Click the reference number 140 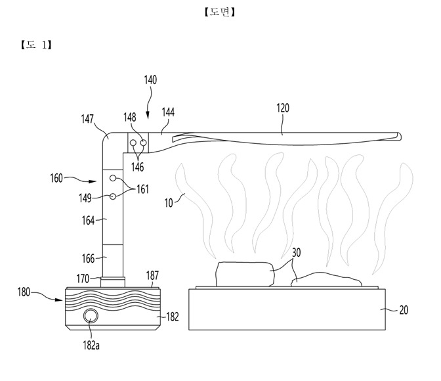150,80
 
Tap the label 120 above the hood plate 283,108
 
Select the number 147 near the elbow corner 87,119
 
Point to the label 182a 91,346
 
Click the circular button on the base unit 91,316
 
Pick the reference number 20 404,310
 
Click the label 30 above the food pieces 296,253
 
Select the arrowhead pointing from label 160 93,181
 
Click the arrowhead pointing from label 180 59,300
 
